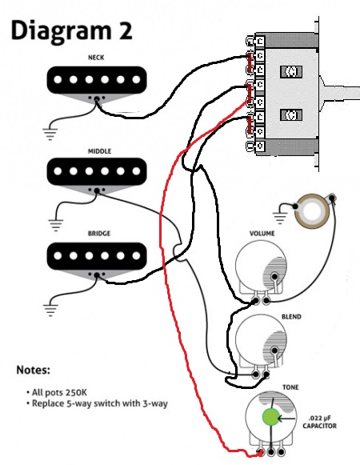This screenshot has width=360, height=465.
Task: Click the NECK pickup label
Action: coord(96,58)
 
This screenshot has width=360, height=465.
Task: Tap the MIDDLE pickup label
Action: coord(100,151)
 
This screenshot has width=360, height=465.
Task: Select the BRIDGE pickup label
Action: coord(99,234)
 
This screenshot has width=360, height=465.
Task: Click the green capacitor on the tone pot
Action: coord(270,417)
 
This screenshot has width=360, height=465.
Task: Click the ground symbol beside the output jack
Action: coord(280,218)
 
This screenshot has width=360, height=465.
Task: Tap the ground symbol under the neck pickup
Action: coord(50,134)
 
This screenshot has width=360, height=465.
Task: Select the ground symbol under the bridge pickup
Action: coord(50,311)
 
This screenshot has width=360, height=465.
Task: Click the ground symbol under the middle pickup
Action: coord(56,226)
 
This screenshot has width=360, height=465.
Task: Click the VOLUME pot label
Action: coord(262,234)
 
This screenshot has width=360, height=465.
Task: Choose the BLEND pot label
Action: coord(291,317)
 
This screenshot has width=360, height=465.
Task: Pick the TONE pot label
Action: coord(290,387)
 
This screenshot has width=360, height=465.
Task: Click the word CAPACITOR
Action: coord(320,426)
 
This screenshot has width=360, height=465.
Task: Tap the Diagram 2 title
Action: coord(71,31)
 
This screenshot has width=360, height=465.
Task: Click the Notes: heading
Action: coord(34,370)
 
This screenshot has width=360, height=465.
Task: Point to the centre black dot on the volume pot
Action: coord(274,277)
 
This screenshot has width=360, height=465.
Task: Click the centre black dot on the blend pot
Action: coord(274,351)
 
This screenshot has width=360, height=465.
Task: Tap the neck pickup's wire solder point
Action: coord(96,99)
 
